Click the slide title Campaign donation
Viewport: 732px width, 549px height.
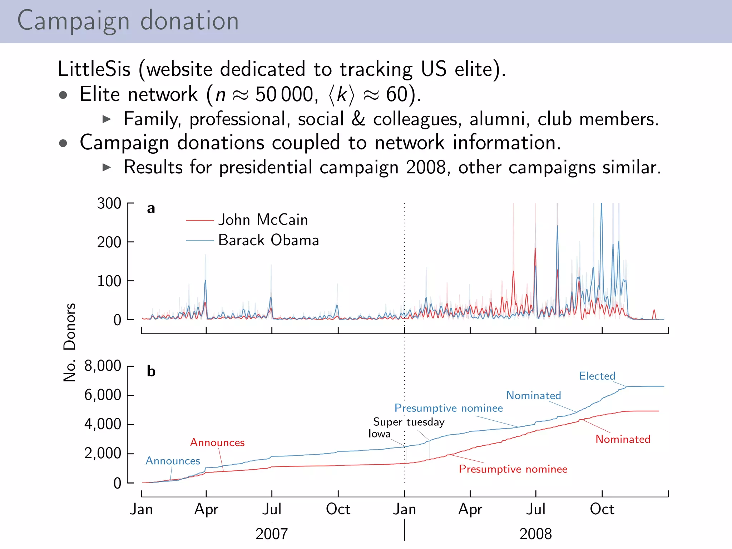pos(128,21)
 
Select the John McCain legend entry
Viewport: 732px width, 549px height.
pos(263,219)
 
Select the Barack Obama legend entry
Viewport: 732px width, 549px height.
pos(268,240)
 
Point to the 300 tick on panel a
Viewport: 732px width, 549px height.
pos(109,203)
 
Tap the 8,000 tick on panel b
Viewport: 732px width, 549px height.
pos(103,366)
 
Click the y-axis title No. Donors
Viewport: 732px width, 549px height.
pos(69,342)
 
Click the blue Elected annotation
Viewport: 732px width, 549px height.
pos(597,376)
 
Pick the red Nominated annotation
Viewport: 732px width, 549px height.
pos(623,439)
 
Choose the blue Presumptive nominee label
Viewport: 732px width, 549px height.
pos(448,408)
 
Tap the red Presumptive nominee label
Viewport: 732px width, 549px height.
pos(513,469)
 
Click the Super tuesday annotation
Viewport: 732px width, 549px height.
pos(409,422)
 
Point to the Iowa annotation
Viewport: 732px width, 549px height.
pos(379,434)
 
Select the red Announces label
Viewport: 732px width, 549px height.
pos(217,442)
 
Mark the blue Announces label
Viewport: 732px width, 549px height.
pos(173,461)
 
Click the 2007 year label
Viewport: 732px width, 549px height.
pos(272,534)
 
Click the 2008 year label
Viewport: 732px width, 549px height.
pos(535,534)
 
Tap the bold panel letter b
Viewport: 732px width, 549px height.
pos(151,371)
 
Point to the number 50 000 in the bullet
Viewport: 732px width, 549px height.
pos(284,95)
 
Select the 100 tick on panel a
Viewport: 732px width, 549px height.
pos(109,281)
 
